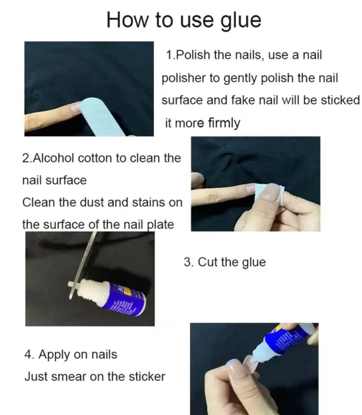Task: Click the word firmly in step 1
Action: [224, 123]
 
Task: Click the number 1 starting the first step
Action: [168, 55]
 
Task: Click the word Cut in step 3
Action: [208, 262]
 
